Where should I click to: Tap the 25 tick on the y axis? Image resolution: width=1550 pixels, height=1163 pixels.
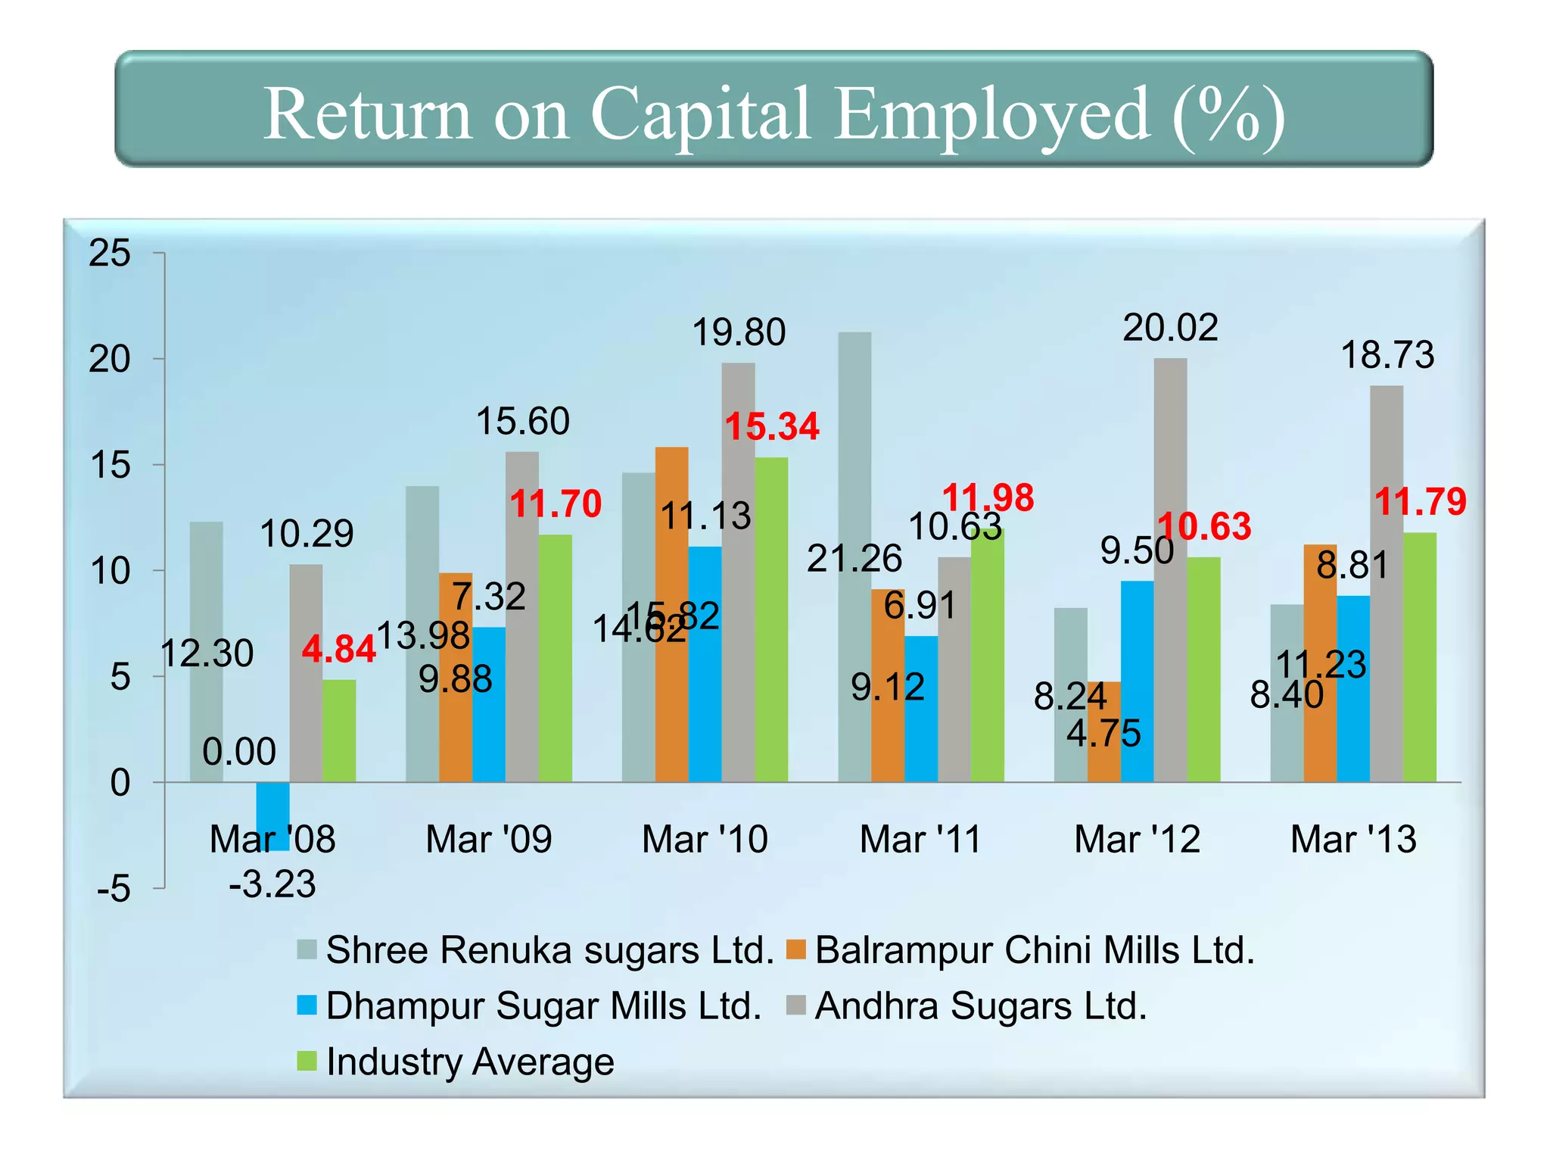coord(110,253)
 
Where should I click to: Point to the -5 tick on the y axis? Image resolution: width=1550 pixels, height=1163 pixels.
coord(114,889)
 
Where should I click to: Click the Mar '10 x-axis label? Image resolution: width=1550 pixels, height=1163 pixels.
coord(705,839)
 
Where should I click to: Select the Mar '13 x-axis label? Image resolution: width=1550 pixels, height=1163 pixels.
coord(1353,839)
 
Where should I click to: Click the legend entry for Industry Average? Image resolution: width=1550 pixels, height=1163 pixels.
coord(469,1062)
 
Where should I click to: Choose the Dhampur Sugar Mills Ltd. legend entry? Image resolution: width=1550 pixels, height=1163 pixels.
coord(543,1006)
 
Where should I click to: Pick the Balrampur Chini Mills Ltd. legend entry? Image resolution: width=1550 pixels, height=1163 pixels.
coord(1034,949)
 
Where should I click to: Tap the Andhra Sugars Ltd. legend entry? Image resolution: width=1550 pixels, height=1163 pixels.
coord(980,1006)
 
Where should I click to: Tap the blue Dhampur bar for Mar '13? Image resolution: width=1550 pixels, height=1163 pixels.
coord(1352,689)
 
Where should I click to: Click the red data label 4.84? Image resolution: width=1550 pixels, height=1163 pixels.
coord(338,650)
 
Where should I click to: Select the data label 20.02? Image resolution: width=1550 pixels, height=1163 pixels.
coord(1170,328)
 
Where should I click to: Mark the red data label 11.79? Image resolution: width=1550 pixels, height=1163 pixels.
coord(1420,501)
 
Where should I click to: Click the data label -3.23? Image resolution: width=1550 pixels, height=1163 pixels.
coord(272,884)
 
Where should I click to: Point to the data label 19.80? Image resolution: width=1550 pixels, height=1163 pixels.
coord(739,332)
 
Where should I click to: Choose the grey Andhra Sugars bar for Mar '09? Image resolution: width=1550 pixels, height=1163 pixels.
coord(521,617)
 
